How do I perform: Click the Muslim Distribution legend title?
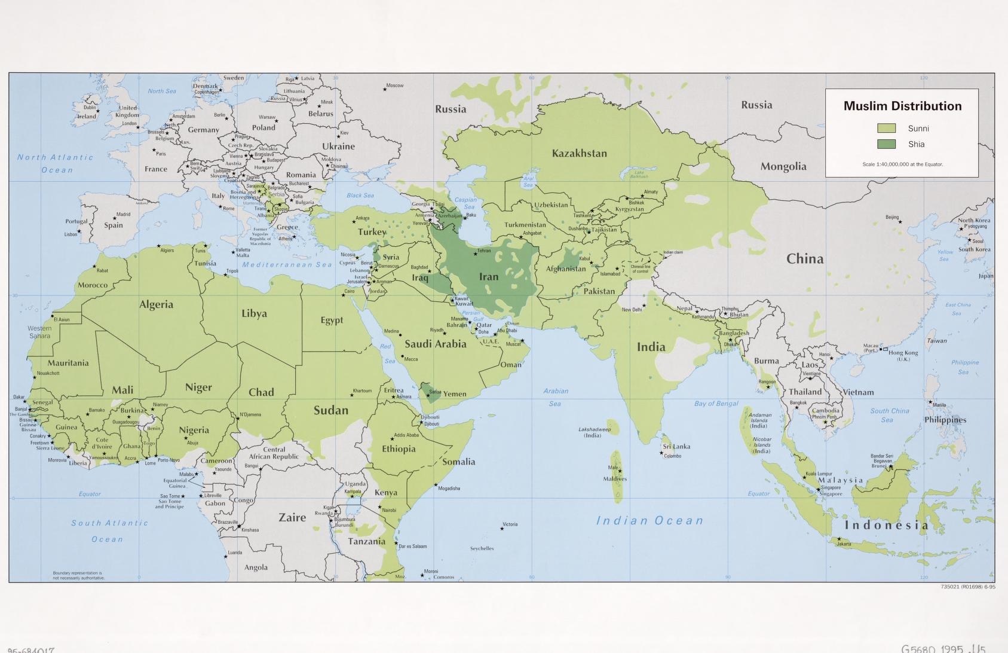(x=902, y=106)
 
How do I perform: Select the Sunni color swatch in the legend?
(x=886, y=129)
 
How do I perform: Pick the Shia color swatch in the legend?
(x=886, y=144)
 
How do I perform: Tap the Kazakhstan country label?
(x=579, y=154)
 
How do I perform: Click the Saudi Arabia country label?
(x=435, y=344)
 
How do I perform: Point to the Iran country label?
(x=488, y=277)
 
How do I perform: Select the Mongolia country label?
(x=783, y=167)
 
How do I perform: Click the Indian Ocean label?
(x=649, y=521)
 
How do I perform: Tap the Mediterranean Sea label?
(x=287, y=264)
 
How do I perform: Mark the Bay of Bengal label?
(x=716, y=404)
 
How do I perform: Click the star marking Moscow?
(x=384, y=89)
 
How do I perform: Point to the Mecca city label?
(x=410, y=359)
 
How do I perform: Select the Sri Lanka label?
(x=676, y=447)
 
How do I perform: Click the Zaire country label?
(x=292, y=518)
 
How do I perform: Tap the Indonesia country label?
(x=886, y=526)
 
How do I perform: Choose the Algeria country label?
(x=156, y=304)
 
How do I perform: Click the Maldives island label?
(x=615, y=478)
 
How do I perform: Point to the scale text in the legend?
(x=902, y=164)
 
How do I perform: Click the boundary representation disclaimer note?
(x=78, y=575)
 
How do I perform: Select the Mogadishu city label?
(x=449, y=489)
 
